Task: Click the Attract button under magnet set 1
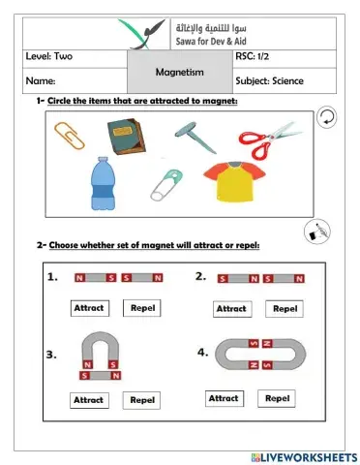click(90, 308)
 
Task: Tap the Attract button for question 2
click(230, 308)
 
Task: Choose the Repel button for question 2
click(284, 308)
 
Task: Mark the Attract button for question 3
click(88, 399)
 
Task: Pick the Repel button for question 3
click(142, 399)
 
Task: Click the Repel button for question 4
click(277, 397)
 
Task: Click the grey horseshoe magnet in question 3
click(100, 348)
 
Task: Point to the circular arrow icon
click(328, 117)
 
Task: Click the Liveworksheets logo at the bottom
click(303, 455)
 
